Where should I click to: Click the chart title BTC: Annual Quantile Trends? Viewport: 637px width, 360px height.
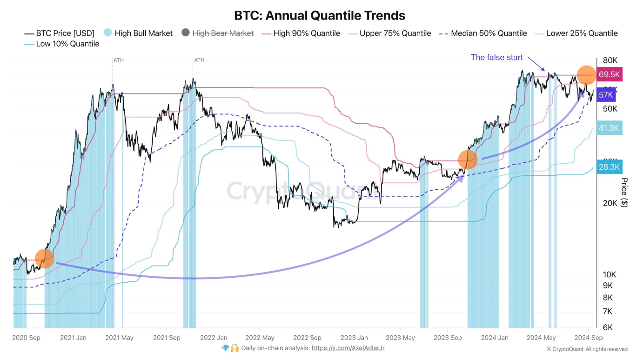320,15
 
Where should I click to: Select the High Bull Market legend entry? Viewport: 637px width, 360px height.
138,33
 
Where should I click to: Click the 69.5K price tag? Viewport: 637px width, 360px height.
609,74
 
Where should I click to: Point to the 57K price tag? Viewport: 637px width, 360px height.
606,95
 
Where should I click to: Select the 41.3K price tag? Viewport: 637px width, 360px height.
609,128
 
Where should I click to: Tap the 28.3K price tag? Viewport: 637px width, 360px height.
609,167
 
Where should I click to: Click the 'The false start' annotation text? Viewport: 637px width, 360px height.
496,57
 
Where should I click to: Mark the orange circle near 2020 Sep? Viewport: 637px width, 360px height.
44,258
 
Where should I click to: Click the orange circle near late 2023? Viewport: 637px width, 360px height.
468,160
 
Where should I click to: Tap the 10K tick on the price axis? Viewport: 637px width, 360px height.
610,274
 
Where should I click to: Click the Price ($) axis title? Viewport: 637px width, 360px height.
624,193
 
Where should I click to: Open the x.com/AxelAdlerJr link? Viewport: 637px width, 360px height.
349,348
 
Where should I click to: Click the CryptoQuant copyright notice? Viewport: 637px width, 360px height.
587,349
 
